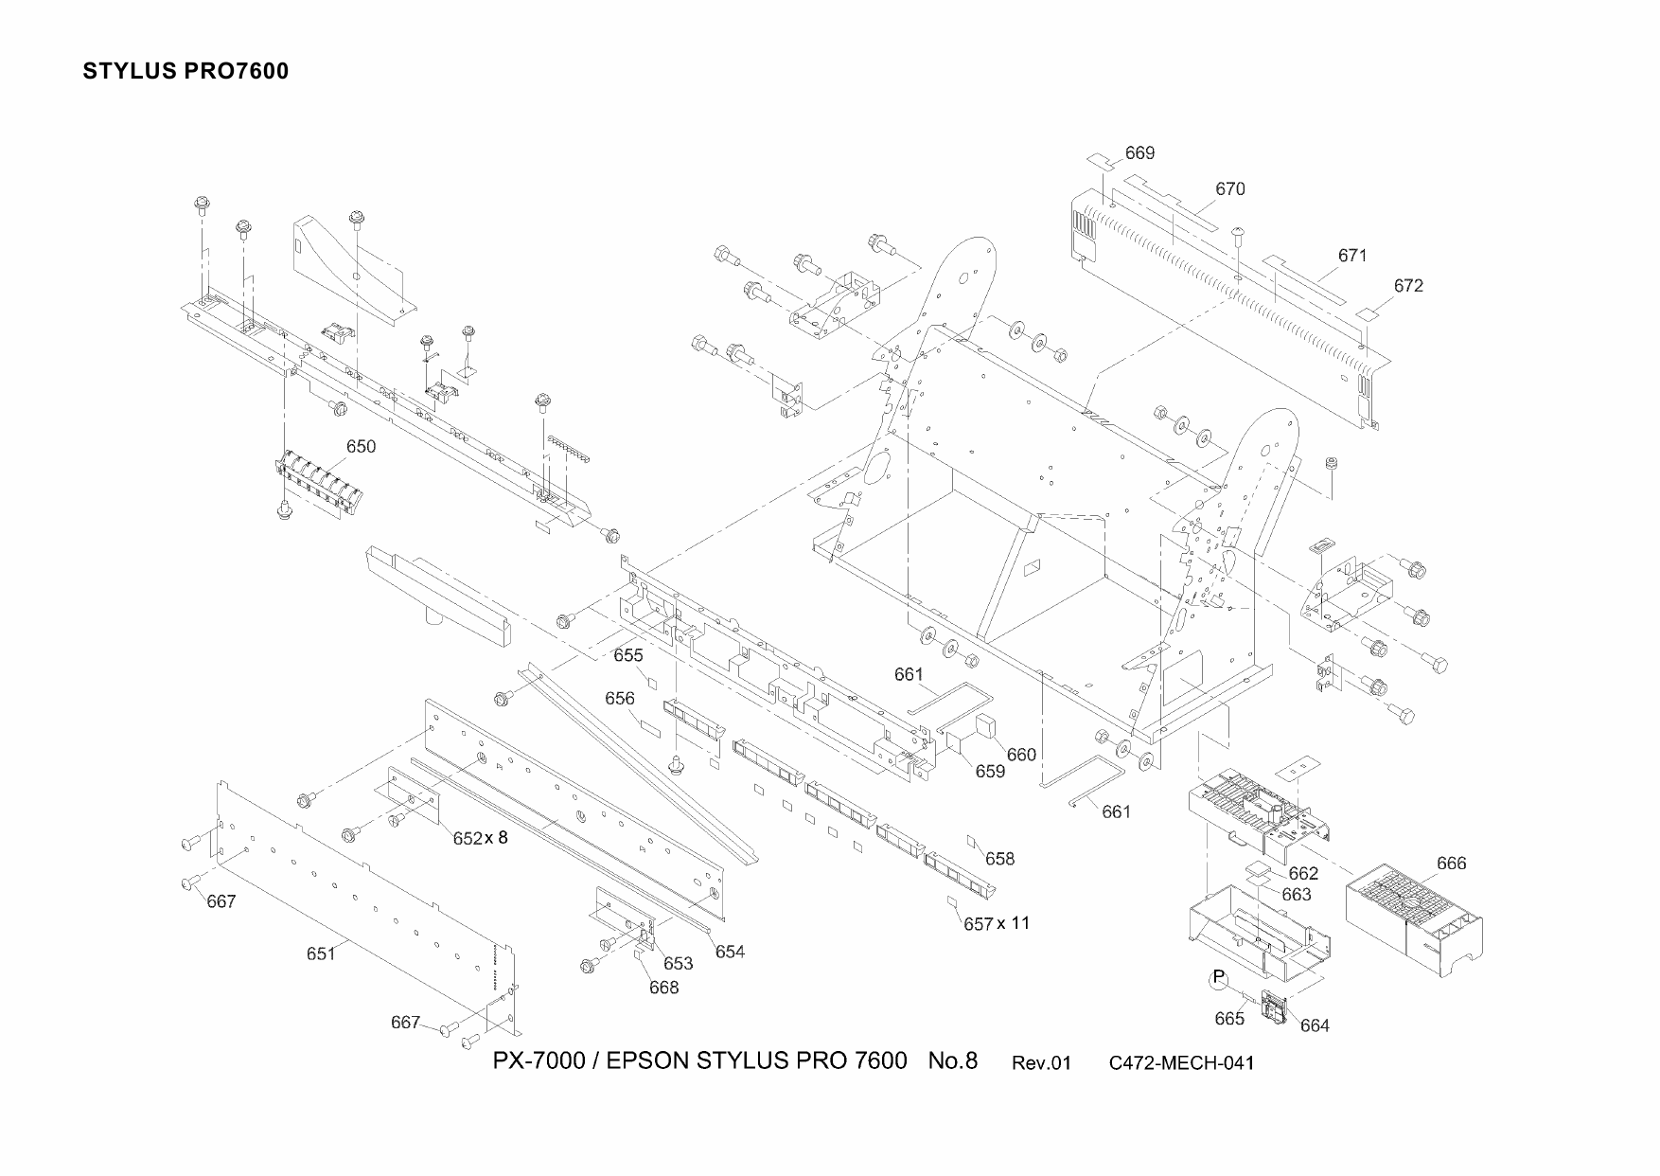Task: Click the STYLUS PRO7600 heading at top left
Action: tap(185, 71)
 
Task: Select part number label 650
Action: tap(361, 447)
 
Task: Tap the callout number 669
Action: tap(1139, 153)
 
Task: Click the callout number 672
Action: tap(1408, 286)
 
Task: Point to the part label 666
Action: tap(1451, 863)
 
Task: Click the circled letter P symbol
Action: tap(1219, 978)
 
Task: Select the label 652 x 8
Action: tap(480, 838)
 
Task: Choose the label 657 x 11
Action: tap(997, 923)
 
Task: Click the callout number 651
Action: tap(321, 953)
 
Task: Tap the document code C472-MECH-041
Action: tap(1181, 1062)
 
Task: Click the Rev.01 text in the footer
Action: tap(1041, 1062)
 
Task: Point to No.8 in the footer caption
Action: tap(952, 1060)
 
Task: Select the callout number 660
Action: tap(1021, 755)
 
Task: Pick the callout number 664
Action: tap(1315, 1025)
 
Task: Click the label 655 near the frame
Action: tap(627, 655)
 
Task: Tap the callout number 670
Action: tap(1229, 189)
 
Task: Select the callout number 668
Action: tap(663, 988)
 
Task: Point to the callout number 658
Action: tap(999, 859)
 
